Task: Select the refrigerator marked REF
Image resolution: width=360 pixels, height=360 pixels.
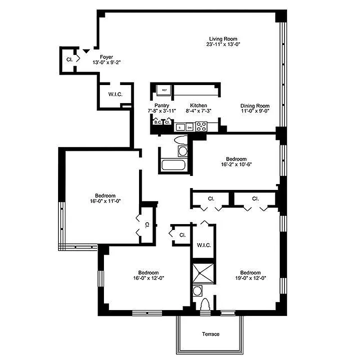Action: pos(165,90)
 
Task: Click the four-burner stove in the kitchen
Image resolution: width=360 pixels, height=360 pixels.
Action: pos(201,126)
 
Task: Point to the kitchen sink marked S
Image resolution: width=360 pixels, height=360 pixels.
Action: pos(180,127)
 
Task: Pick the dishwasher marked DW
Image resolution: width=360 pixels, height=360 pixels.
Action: pos(189,127)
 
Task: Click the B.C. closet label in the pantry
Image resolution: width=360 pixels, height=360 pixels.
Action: pos(157,122)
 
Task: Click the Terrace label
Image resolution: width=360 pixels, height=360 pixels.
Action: pos(211,334)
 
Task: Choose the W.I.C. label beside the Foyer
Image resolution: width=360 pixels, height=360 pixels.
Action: pos(115,94)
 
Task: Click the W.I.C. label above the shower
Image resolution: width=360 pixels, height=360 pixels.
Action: pos(203,245)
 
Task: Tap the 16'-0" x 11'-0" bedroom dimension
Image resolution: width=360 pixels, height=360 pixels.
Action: pos(103,201)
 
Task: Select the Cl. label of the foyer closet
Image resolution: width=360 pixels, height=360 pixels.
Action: pos(69,59)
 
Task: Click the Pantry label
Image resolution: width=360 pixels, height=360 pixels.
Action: pos(162,105)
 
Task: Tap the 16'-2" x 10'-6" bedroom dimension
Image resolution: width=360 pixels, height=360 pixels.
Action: pos(236,165)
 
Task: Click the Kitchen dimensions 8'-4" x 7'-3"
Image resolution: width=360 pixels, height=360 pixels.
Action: pos(198,110)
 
